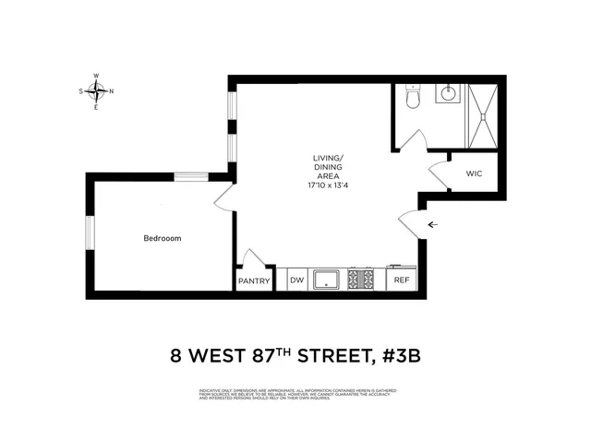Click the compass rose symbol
[96, 91]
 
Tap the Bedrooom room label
[162, 239]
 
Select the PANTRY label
[254, 280]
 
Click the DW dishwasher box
[296, 280]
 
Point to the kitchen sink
[327, 279]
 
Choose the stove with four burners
[361, 279]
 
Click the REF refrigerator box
[402, 280]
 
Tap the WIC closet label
[474, 173]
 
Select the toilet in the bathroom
[412, 97]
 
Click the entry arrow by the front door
[432, 224]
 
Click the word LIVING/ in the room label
[328, 158]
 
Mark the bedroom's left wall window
[90, 232]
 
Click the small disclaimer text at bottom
[295, 395]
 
